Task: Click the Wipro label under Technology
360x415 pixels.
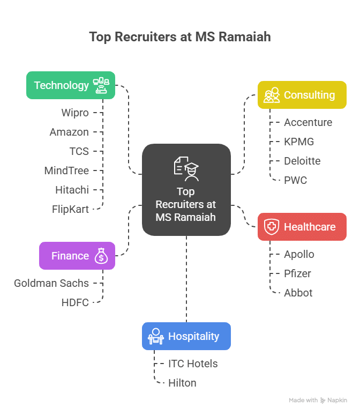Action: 75,113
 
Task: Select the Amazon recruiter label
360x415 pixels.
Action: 69,132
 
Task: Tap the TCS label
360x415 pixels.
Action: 79,151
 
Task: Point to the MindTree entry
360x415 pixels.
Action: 66,171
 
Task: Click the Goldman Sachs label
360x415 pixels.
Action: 51,283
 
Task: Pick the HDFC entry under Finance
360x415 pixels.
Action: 75,302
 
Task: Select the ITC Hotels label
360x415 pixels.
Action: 193,364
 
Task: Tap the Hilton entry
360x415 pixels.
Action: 182,383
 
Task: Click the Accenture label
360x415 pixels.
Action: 308,122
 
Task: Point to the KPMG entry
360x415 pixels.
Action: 299,142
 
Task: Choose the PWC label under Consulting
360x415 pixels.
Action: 296,180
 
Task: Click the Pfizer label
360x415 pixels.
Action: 297,273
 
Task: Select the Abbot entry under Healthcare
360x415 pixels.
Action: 298,293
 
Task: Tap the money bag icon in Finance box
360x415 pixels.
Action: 101,256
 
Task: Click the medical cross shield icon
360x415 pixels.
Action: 272,227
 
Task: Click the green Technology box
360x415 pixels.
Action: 71,85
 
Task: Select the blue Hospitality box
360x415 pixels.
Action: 186,336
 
